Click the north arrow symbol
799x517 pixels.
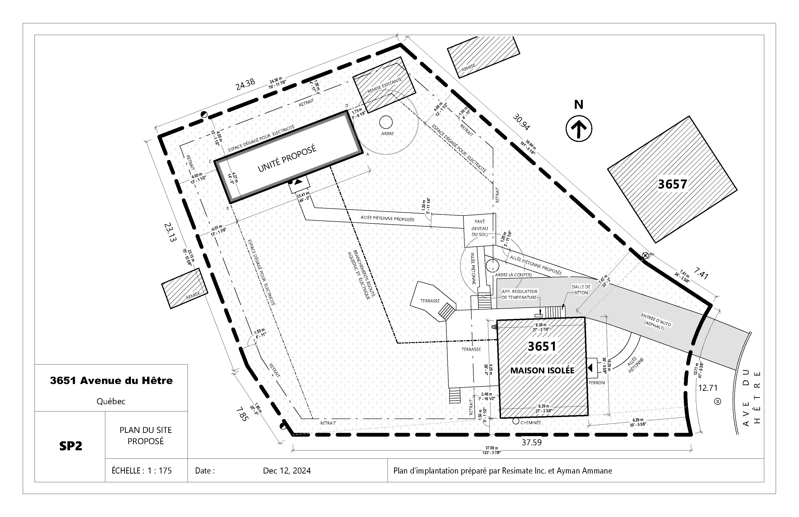[x=579, y=128]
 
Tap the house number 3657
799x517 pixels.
[x=672, y=184]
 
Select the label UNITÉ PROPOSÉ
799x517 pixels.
[x=287, y=158]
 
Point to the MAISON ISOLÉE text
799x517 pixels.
[x=542, y=370]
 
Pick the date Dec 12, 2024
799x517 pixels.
[x=287, y=471]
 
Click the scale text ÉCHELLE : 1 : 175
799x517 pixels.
[x=142, y=471]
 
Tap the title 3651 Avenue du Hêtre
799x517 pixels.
[x=111, y=380]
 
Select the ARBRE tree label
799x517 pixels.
[x=388, y=134]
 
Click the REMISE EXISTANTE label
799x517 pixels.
[x=384, y=86]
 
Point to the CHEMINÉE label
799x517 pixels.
[x=530, y=423]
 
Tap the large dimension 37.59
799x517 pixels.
[x=531, y=443]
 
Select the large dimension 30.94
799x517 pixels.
[x=521, y=122]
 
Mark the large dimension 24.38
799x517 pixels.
[x=245, y=84]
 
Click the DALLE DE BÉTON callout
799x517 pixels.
[x=581, y=290]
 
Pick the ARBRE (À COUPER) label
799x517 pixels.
[x=513, y=275]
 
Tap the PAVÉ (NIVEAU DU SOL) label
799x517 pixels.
[x=480, y=228]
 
